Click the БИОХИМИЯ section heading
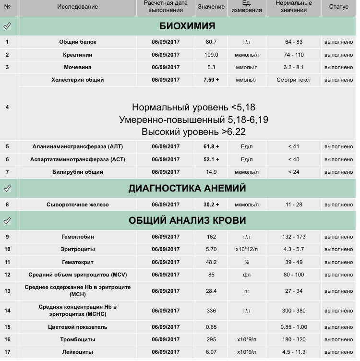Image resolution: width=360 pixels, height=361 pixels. pyautogui.click(x=187, y=26)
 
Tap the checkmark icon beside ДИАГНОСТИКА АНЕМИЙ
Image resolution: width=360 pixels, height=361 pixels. pyautogui.click(x=7, y=189)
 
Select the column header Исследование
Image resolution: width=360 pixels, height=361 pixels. pyautogui.click(x=77, y=7)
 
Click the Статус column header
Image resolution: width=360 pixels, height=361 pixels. pyautogui.click(x=338, y=7)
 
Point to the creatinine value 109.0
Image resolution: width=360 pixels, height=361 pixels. pyautogui.click(x=211, y=55)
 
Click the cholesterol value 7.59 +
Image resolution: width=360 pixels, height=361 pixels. pyautogui.click(x=211, y=80)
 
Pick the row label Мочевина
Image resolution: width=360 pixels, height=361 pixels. pyautogui.click(x=77, y=67)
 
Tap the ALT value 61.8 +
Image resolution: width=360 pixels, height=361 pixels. pyautogui.click(x=211, y=146)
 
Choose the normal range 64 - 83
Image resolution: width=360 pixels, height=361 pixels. pyautogui.click(x=294, y=42)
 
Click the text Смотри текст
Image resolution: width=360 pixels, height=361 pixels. pyautogui.click(x=294, y=80)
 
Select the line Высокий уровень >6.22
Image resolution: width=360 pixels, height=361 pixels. pyautogui.click(x=193, y=131)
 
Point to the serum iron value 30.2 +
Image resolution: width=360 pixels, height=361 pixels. pyautogui.click(x=211, y=205)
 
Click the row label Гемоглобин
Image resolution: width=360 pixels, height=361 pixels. pyautogui.click(x=77, y=237)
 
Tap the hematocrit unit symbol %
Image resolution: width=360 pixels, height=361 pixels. pyautogui.click(x=247, y=262)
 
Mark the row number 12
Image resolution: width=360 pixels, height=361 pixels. pyautogui.click(x=7, y=275)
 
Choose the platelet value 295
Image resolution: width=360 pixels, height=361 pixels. pyautogui.click(x=211, y=339)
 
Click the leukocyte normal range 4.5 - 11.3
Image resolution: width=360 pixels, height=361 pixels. pyautogui.click(x=294, y=352)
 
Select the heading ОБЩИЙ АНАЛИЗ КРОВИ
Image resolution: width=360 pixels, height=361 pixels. pyautogui.click(x=187, y=220)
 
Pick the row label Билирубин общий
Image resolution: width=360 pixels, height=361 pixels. pyautogui.click(x=77, y=172)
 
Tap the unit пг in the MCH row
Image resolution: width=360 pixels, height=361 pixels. pyautogui.click(x=247, y=291)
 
